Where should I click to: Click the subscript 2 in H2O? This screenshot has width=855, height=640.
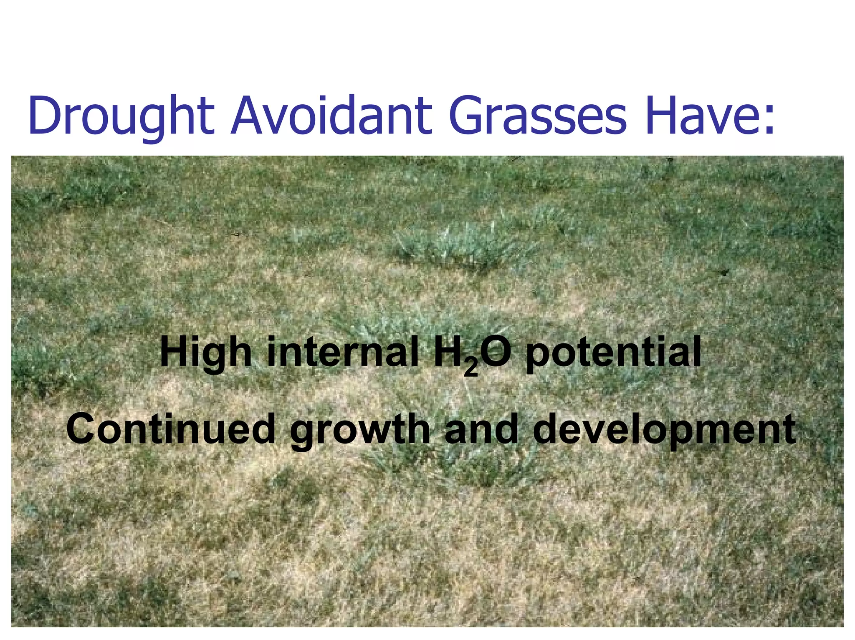471,368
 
